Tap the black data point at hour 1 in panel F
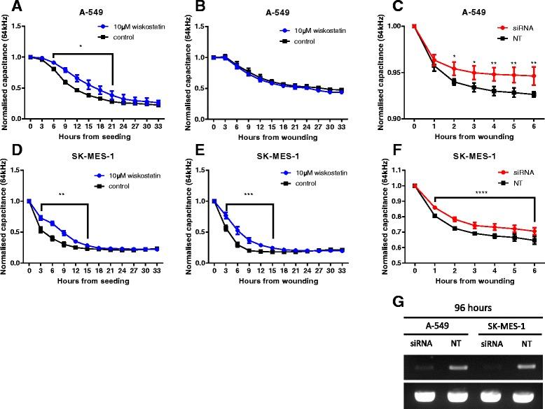pos(434,215)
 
